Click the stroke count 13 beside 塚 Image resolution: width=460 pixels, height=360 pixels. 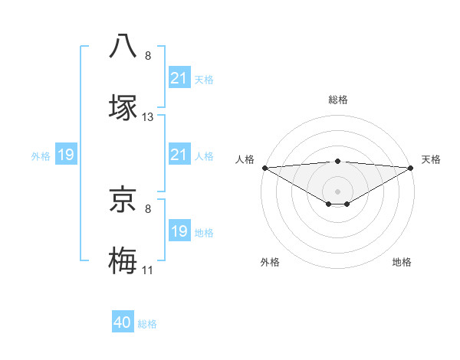tap(148, 117)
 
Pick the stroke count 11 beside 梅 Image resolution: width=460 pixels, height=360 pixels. tap(148, 270)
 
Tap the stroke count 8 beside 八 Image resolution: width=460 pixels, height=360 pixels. tap(148, 56)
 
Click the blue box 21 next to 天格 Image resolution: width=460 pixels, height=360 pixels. tap(179, 78)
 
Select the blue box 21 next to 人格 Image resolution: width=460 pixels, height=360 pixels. tap(179, 155)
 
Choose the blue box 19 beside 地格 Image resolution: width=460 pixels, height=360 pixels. tap(179, 231)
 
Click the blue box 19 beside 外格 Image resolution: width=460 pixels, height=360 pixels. tap(66, 155)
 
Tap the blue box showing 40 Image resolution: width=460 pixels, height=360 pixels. tap(123, 323)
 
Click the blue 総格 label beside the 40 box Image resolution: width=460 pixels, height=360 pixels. tap(147, 324)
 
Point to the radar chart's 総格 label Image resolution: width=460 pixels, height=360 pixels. tap(337, 100)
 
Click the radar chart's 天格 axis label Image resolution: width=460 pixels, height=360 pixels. tap(432, 159)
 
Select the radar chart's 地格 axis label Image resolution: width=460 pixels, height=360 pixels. tap(402, 262)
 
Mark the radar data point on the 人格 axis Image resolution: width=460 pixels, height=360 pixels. tap(264, 168)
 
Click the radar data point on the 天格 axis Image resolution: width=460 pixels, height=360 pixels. tap(411, 168)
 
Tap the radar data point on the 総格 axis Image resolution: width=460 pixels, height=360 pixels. tap(337, 161)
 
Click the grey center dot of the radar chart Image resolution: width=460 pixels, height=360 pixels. tap(337, 191)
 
